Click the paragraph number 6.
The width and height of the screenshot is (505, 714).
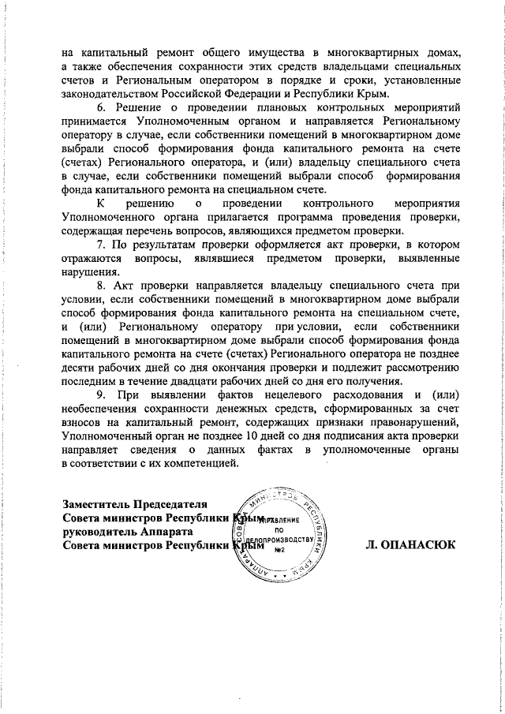click(99, 107)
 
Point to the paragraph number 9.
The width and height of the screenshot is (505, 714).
click(99, 393)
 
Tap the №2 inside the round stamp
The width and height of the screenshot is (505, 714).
click(278, 551)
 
